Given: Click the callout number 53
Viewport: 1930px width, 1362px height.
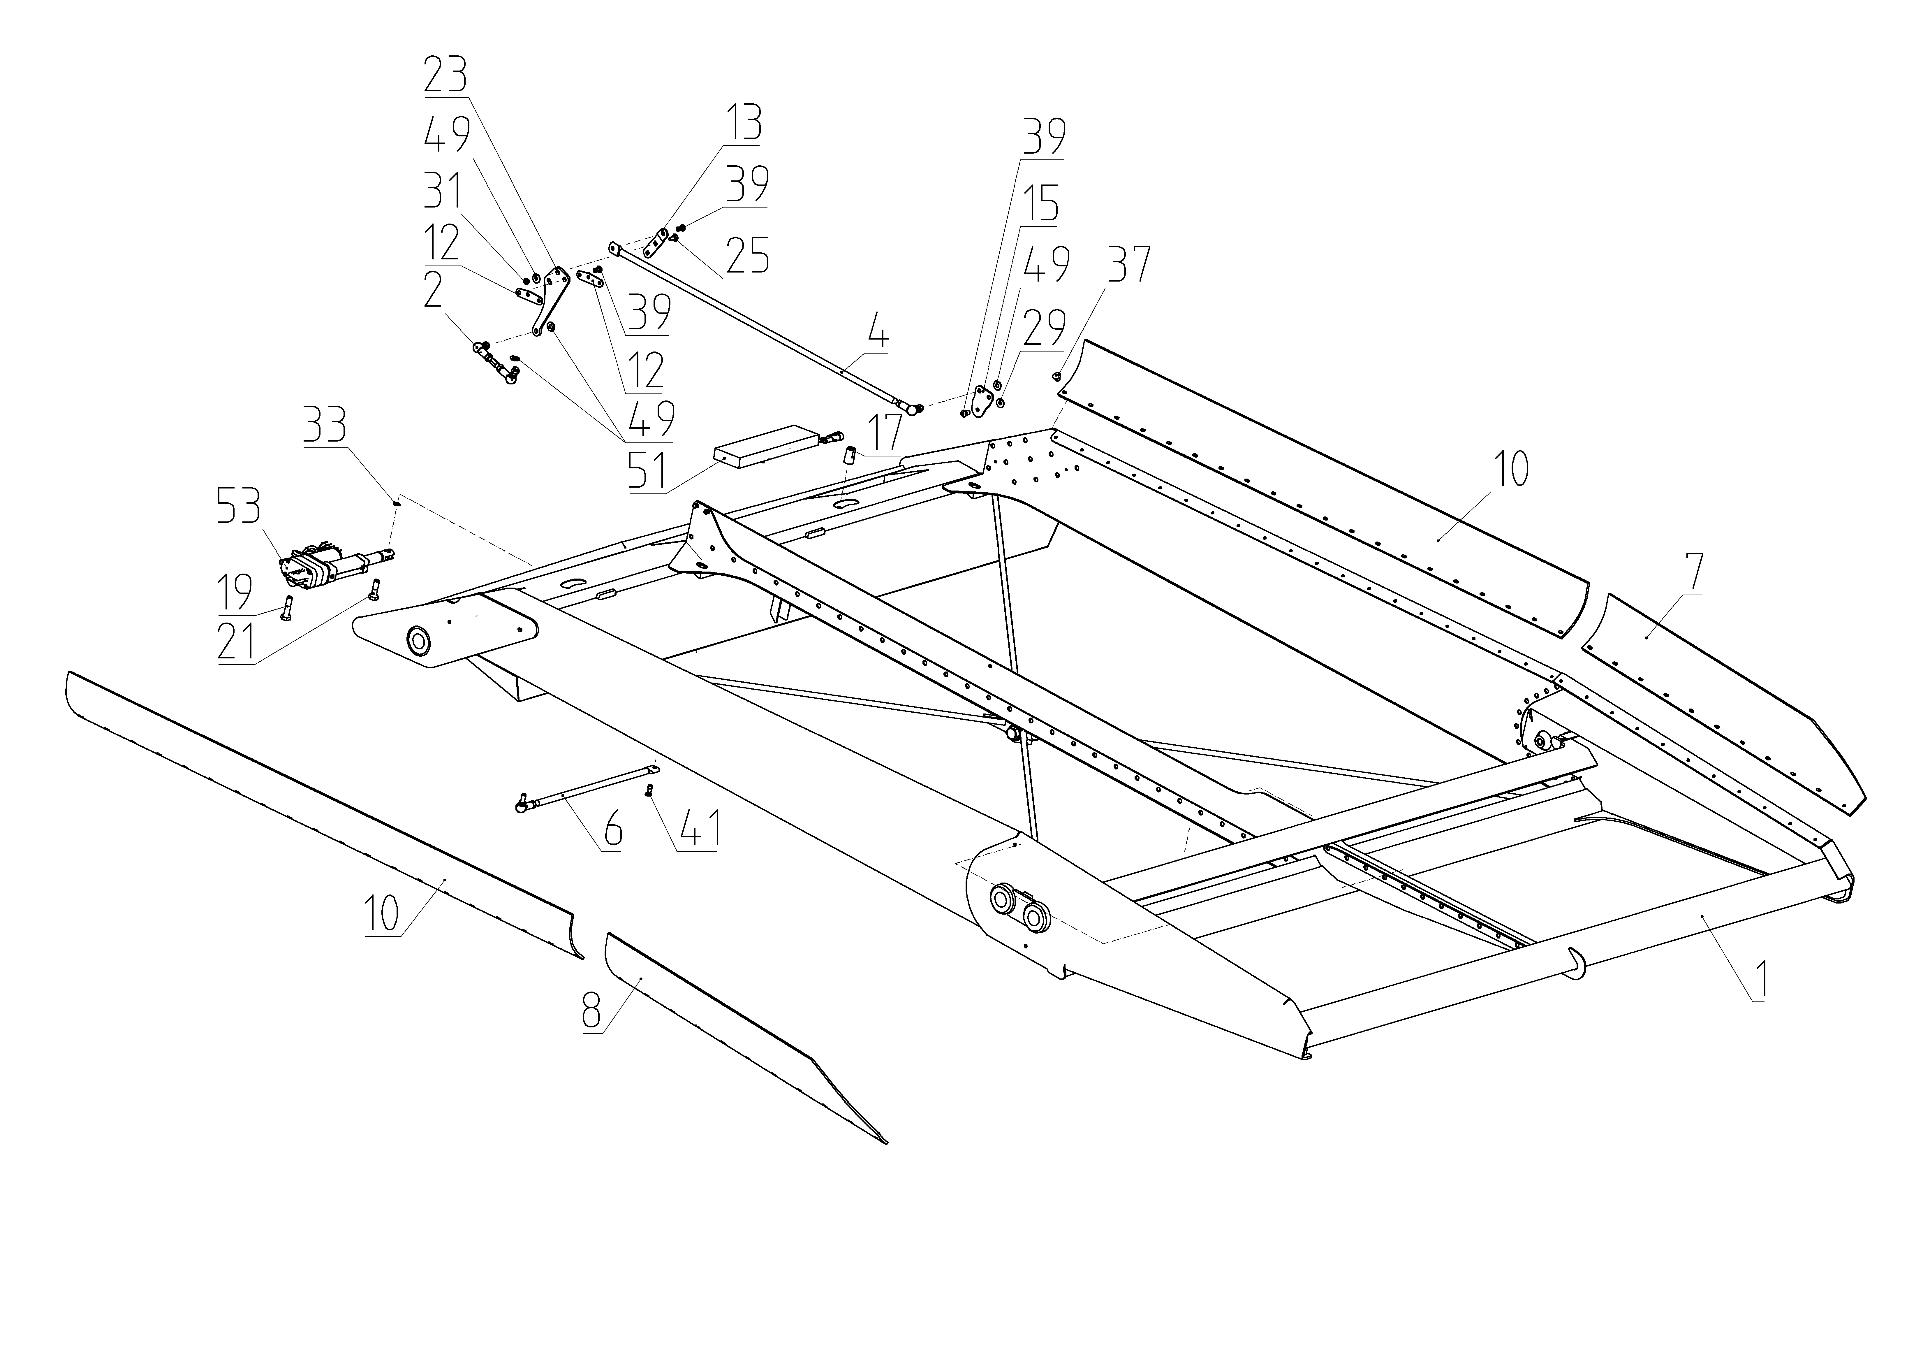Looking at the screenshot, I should [x=239, y=507].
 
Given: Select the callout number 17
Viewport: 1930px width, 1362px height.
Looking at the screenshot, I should [x=883, y=432].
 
